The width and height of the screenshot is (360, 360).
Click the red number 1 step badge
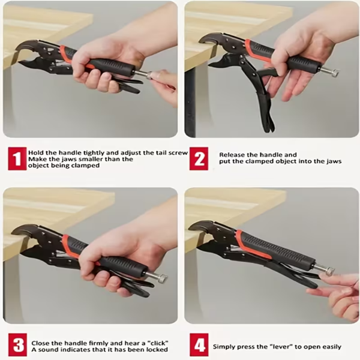pos(17,158)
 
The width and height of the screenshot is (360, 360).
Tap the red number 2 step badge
pos(199,158)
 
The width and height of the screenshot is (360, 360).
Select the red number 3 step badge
pos(17,345)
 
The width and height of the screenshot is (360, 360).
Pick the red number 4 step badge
pos(199,345)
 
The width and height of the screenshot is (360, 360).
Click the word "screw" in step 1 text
pos(178,152)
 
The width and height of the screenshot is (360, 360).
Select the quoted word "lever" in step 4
pos(282,346)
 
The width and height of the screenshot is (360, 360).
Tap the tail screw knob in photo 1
pos(152,75)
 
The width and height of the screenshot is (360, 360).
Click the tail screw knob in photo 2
pos(335,74)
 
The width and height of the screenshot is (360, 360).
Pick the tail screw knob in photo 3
pos(163,278)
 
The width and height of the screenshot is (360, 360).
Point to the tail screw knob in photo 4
pos(330,271)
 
